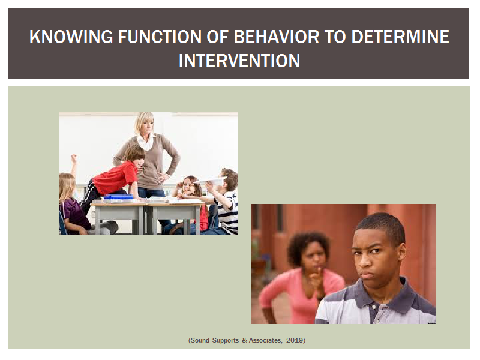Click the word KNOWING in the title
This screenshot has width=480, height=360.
click(x=71, y=37)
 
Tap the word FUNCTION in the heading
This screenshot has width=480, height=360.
click(x=160, y=37)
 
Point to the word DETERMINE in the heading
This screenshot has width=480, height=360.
click(x=400, y=37)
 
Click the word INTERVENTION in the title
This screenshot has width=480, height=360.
click(x=239, y=61)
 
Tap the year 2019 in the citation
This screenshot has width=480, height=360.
click(x=295, y=340)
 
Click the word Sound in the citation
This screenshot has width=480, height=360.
click(x=200, y=340)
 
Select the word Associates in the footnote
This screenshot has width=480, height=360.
click(x=265, y=340)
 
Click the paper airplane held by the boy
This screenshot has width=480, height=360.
click(x=211, y=181)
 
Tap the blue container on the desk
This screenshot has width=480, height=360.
click(x=118, y=199)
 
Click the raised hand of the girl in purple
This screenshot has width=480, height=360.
click(x=73, y=158)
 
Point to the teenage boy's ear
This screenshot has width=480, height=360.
click(x=403, y=253)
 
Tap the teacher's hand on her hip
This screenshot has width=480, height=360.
click(x=163, y=177)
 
